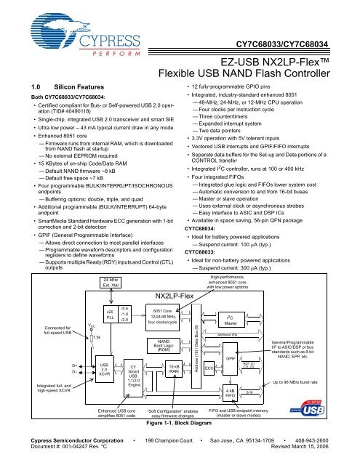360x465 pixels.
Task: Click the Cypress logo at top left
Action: (57, 33)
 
